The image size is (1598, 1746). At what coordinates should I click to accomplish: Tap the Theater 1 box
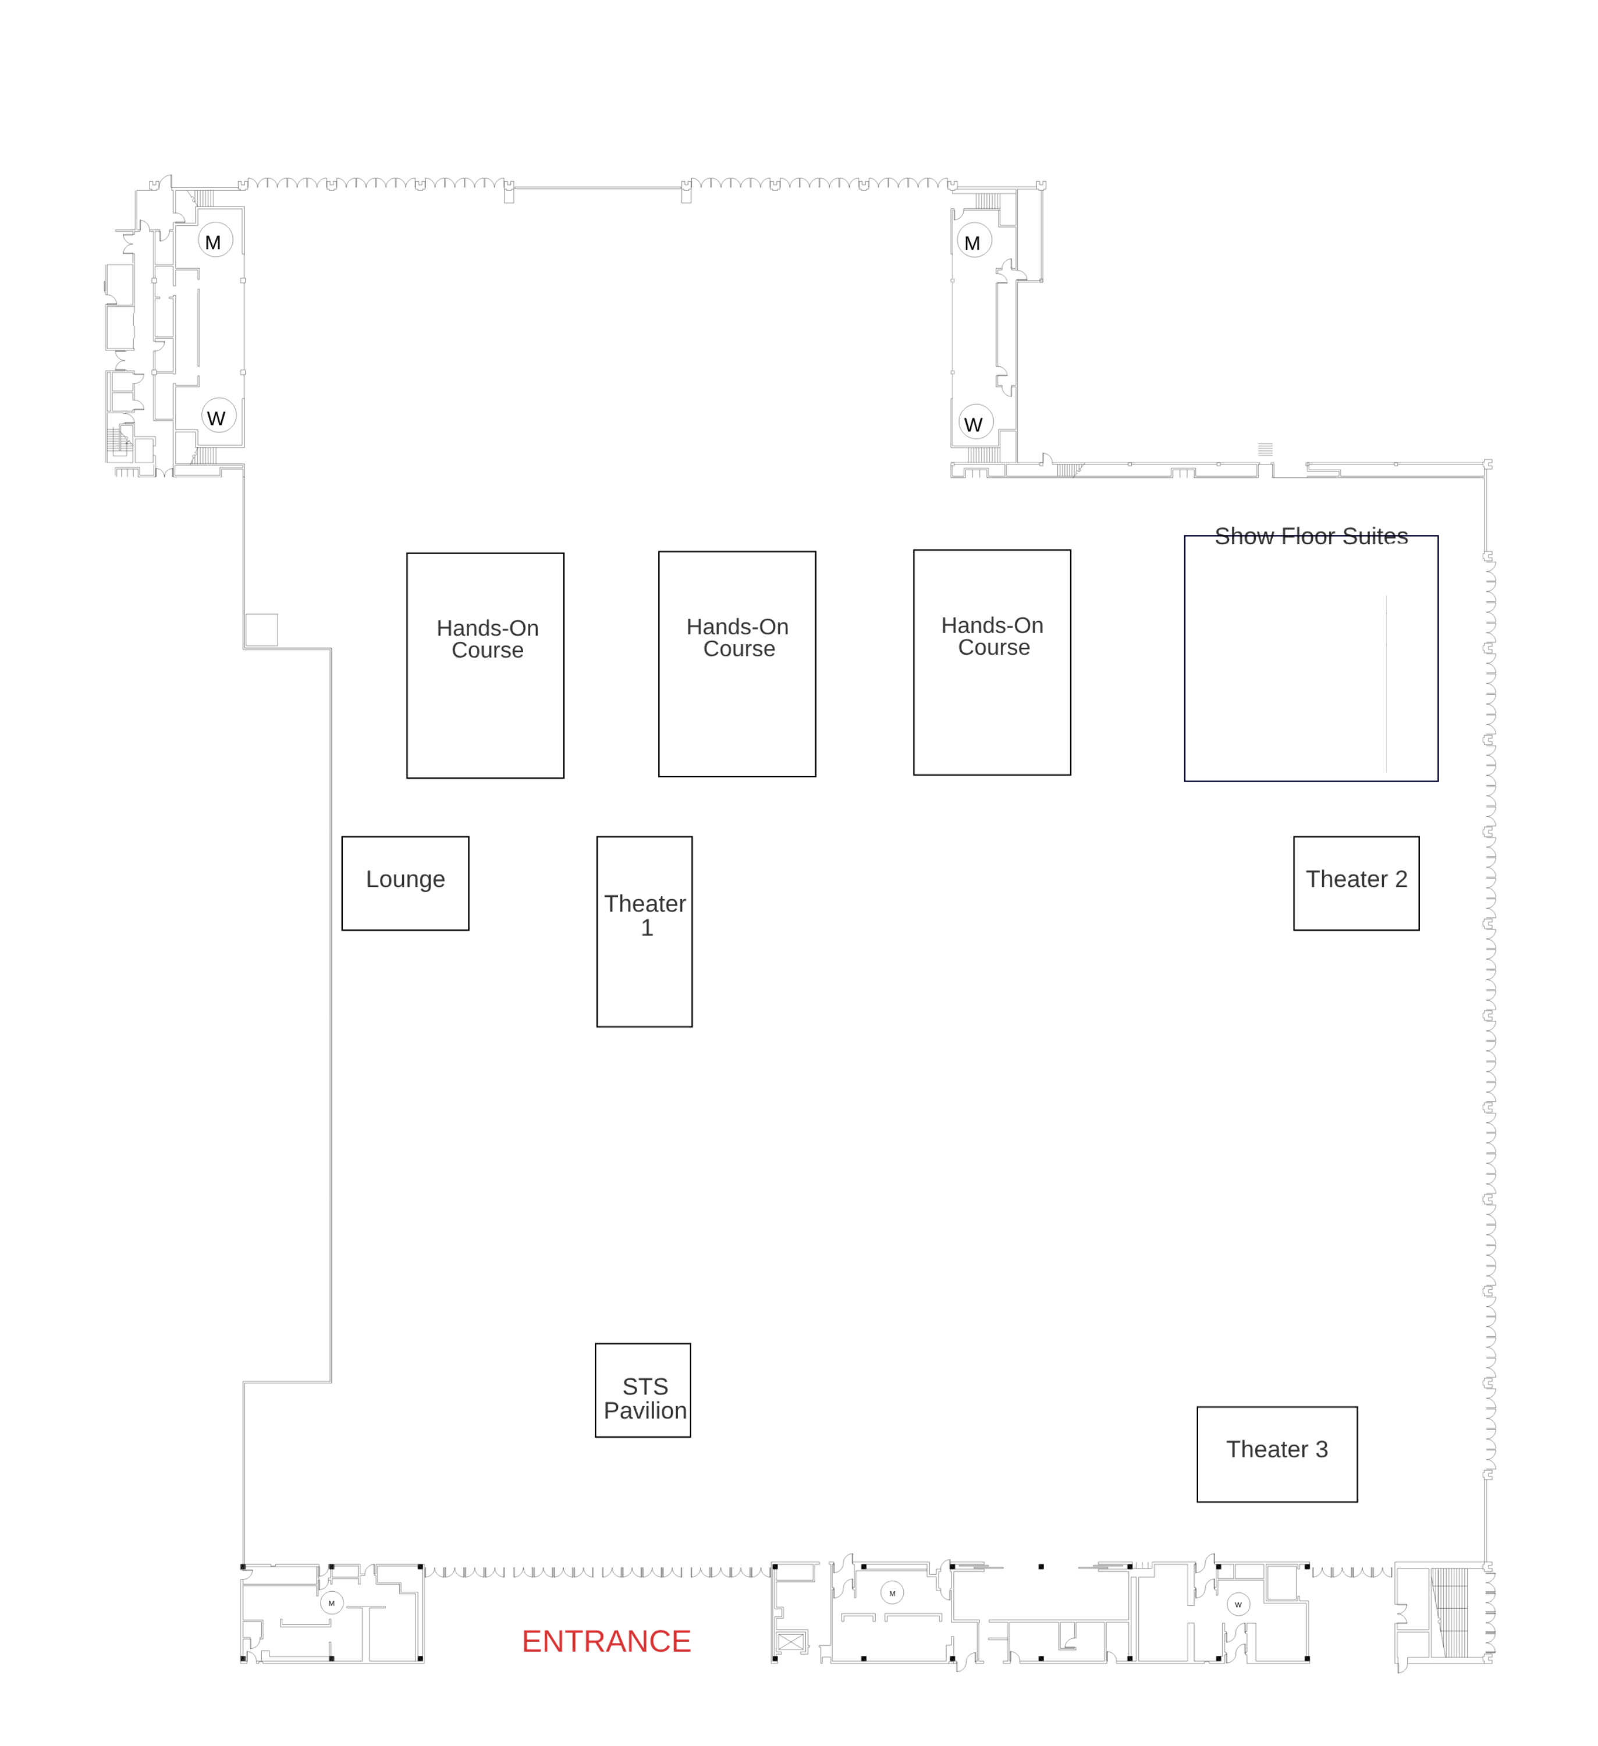click(x=644, y=931)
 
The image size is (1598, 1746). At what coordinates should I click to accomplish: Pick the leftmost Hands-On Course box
click(x=485, y=665)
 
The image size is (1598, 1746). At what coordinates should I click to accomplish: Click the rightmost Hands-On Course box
click(x=991, y=662)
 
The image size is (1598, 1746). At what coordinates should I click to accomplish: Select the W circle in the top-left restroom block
click(x=218, y=417)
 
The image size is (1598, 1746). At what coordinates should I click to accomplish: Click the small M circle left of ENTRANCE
click(x=331, y=1602)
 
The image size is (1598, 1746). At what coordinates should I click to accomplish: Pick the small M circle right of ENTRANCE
click(x=892, y=1593)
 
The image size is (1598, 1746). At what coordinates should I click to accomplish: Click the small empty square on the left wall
click(x=261, y=630)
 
